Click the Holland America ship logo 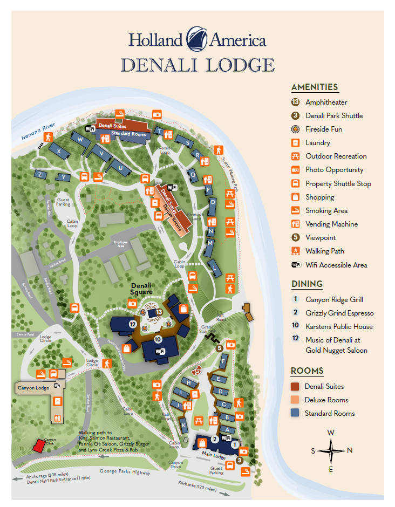click(197, 39)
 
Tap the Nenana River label click(38, 132)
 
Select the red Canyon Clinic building click(39, 445)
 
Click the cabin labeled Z click(39, 174)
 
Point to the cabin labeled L click(215, 266)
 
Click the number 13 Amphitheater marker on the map click(159, 312)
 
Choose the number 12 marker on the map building click(133, 324)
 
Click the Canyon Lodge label click(33, 388)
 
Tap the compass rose click(331, 450)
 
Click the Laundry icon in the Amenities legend click(295, 143)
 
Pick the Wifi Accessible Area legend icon click(295, 265)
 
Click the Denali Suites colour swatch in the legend click(295, 386)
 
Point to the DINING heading click(307, 284)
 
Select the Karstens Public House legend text click(339, 326)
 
